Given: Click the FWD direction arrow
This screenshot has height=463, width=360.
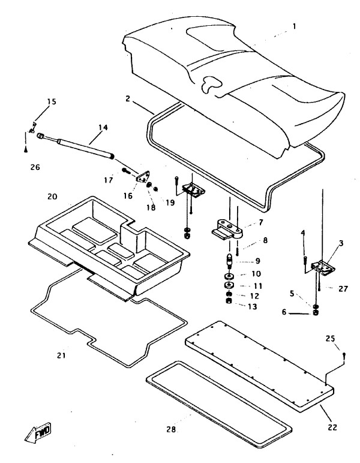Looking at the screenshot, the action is (38, 433).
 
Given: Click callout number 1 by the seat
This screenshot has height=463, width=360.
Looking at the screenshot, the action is (294, 26).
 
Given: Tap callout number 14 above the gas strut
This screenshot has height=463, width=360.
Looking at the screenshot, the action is (103, 127).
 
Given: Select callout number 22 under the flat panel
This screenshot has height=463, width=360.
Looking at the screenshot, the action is (332, 427).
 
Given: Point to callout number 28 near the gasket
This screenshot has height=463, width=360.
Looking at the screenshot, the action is (171, 429).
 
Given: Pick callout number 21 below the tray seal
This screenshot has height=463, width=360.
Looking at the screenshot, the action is (61, 356).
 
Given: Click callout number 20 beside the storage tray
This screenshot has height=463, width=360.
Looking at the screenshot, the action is (52, 196).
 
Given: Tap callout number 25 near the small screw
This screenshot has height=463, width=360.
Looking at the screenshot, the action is (330, 338).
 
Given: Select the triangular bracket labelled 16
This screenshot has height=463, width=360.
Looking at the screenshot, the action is (143, 177).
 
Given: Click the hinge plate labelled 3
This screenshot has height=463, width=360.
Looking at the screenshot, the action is (324, 267).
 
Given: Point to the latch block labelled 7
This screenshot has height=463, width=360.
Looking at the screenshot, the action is (228, 229).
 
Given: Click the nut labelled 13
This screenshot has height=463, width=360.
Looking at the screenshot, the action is (229, 301).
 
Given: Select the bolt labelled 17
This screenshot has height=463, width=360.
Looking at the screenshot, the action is (126, 170).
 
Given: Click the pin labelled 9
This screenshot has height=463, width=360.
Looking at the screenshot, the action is (229, 260).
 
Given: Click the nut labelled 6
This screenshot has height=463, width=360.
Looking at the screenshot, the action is (315, 313).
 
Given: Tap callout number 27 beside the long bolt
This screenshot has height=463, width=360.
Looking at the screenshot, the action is (343, 288).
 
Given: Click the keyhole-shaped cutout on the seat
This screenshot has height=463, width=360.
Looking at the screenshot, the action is (211, 84).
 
